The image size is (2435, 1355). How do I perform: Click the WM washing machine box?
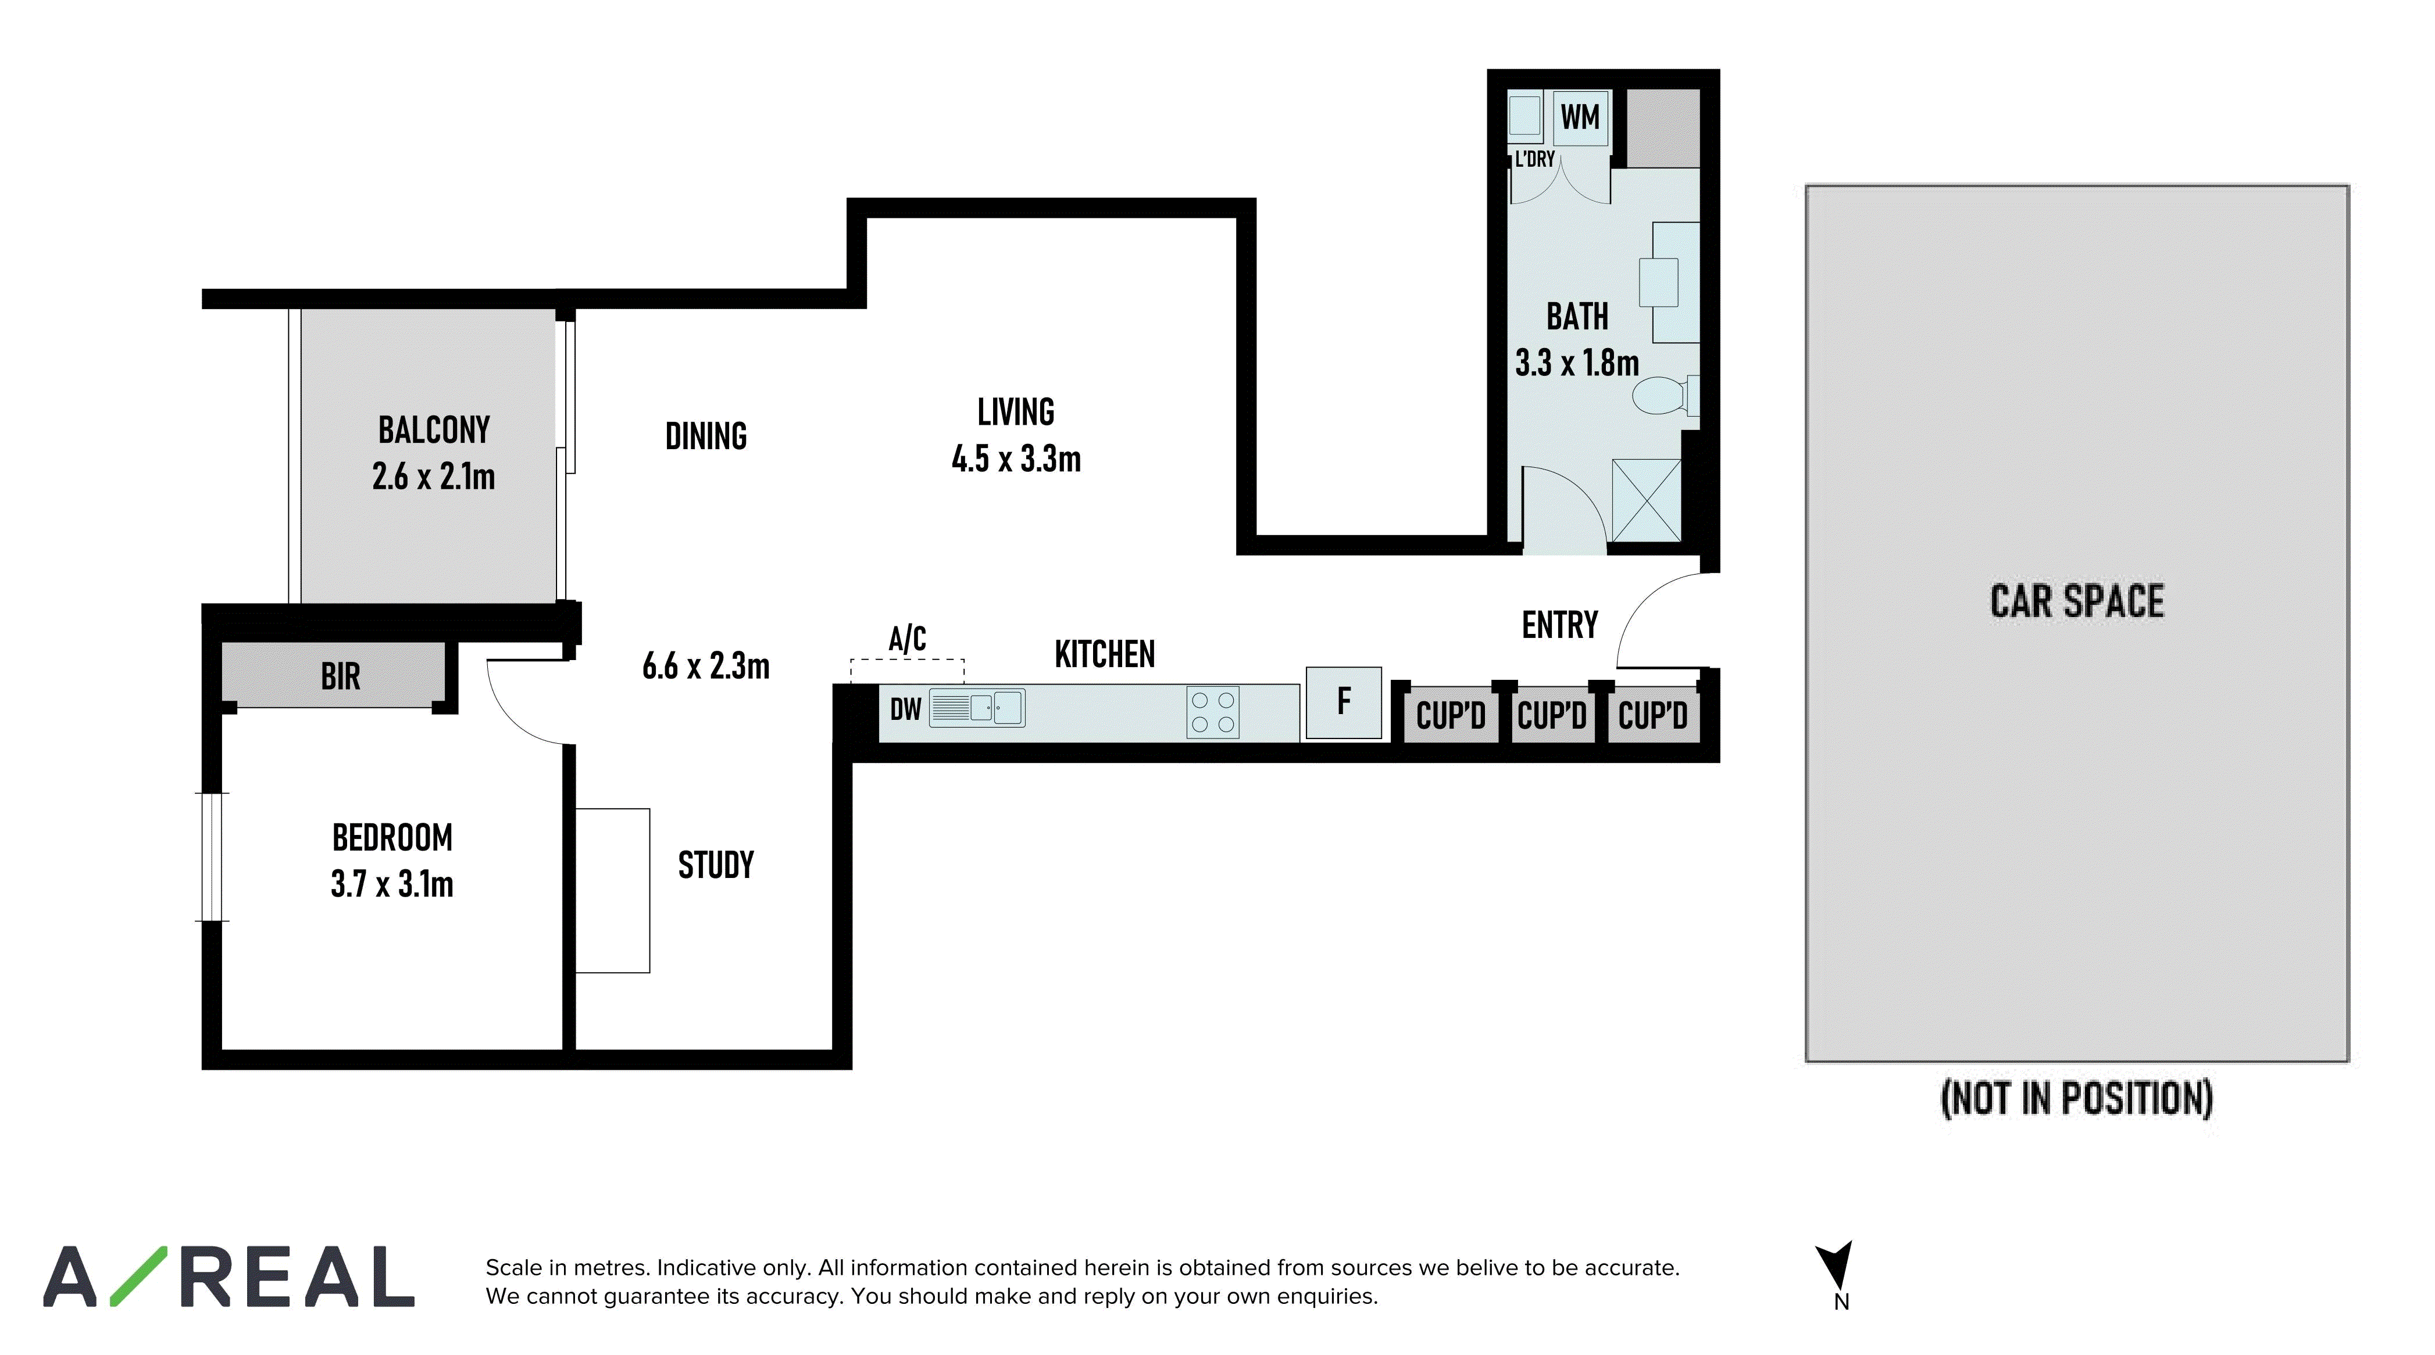(x=1580, y=118)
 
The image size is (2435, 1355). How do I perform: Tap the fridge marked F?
(x=1343, y=702)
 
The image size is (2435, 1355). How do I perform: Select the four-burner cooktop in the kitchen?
(x=1213, y=712)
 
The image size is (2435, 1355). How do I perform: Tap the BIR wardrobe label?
(x=340, y=676)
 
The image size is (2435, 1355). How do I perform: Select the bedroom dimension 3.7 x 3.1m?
(x=392, y=884)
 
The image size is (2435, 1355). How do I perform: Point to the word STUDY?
(x=716, y=865)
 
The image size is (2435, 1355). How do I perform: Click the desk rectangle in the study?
(x=613, y=890)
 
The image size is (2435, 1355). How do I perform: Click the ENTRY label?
(x=1560, y=625)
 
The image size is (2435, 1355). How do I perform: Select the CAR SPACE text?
(x=2077, y=601)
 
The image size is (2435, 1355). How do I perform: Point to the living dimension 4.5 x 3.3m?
(x=1016, y=459)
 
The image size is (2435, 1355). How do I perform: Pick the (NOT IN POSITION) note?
(x=2077, y=1098)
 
